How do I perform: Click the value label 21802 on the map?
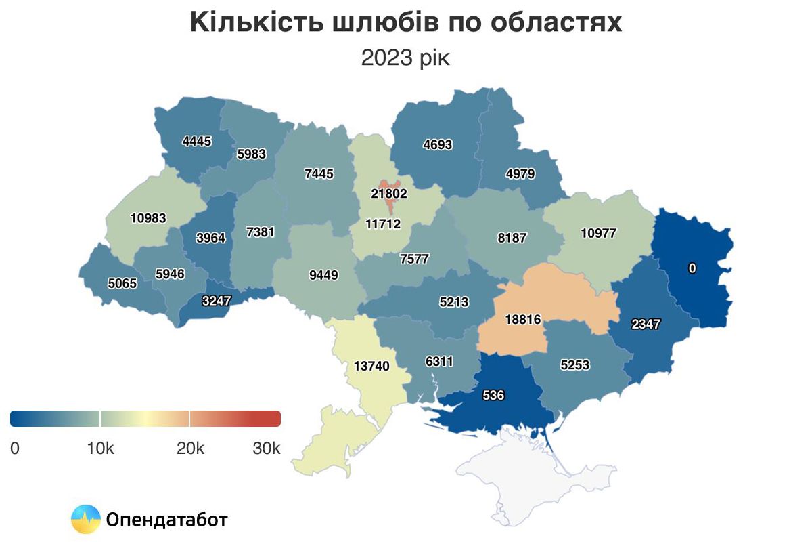[389, 193]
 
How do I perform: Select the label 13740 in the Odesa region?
[371, 366]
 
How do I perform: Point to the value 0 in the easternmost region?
[692, 268]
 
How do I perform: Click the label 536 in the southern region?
[494, 395]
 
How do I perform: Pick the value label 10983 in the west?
[148, 218]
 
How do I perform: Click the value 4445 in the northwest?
[197, 142]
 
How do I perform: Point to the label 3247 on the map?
[216, 301]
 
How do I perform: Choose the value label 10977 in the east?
[599, 233]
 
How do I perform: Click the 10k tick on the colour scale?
[100, 448]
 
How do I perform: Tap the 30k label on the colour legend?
[266, 448]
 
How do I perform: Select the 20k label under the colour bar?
[190, 448]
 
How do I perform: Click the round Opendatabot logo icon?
[85, 520]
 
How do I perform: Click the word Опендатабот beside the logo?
[166, 520]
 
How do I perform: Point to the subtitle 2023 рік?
[405, 58]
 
